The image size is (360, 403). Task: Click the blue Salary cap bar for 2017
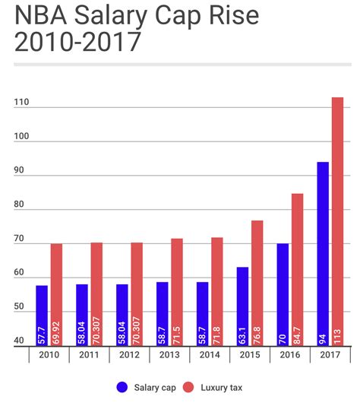323,254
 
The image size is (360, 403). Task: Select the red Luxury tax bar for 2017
337,221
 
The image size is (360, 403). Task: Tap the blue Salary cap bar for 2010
42,316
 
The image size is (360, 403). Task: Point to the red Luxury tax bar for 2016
297,270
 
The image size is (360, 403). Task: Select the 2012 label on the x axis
128,355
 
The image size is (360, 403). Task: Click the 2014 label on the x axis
209,355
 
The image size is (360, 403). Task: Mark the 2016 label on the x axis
290,355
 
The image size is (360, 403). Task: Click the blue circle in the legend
122,388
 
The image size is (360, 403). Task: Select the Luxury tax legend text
222,388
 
